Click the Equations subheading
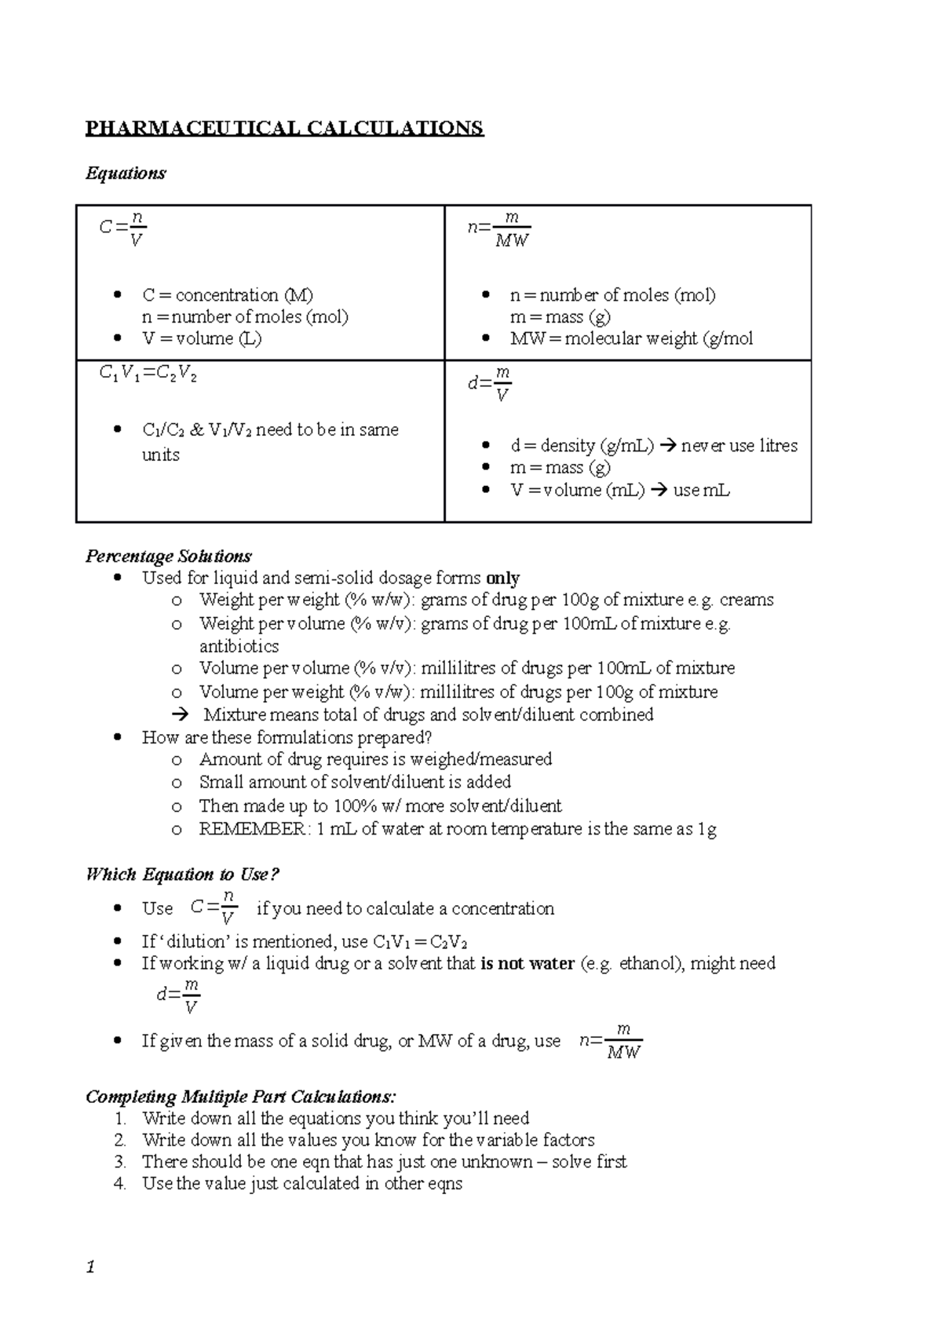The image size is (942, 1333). tap(126, 173)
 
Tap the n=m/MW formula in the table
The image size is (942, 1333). tap(500, 229)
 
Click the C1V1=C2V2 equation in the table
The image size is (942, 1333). tap(148, 375)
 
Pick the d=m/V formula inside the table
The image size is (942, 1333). tap(491, 384)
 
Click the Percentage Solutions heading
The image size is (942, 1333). tap(168, 556)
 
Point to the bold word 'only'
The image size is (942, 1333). tap(502, 579)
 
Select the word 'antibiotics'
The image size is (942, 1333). tap(239, 646)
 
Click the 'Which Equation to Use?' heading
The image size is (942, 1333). tap(182, 875)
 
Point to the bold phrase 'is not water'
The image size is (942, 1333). tap(527, 963)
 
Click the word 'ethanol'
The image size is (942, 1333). tap(648, 963)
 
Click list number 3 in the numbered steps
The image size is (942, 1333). tap(119, 1162)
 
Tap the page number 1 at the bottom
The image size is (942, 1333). tap(90, 1267)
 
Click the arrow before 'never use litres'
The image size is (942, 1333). tap(668, 446)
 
